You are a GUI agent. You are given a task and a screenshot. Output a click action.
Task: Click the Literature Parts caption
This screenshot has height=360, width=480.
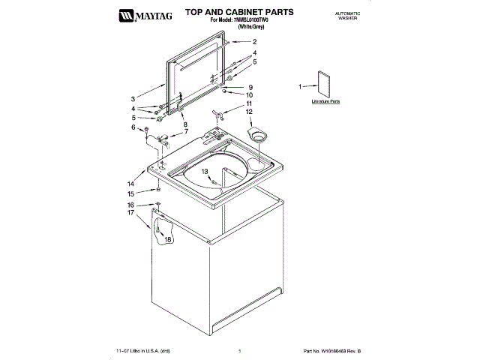click(x=326, y=100)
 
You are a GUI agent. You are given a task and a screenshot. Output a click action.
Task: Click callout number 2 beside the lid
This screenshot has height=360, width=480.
click(x=254, y=42)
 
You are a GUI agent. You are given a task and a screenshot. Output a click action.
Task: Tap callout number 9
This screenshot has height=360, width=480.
click(x=250, y=87)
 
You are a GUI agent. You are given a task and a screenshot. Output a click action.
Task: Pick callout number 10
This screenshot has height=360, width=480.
click(x=250, y=95)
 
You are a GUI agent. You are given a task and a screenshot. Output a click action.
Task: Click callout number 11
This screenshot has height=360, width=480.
click(x=250, y=103)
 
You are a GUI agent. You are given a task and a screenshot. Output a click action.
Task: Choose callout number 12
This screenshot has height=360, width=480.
click(x=250, y=112)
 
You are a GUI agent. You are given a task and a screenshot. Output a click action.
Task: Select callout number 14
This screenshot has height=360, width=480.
click(x=130, y=183)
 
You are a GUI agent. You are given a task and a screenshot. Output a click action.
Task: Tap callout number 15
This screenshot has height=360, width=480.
click(x=130, y=193)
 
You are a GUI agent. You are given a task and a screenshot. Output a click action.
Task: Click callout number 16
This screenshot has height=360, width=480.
click(x=130, y=205)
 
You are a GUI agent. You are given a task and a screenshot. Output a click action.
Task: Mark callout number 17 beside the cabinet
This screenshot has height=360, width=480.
click(x=130, y=212)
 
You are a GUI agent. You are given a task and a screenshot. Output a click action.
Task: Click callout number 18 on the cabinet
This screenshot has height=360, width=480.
click(x=168, y=239)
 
